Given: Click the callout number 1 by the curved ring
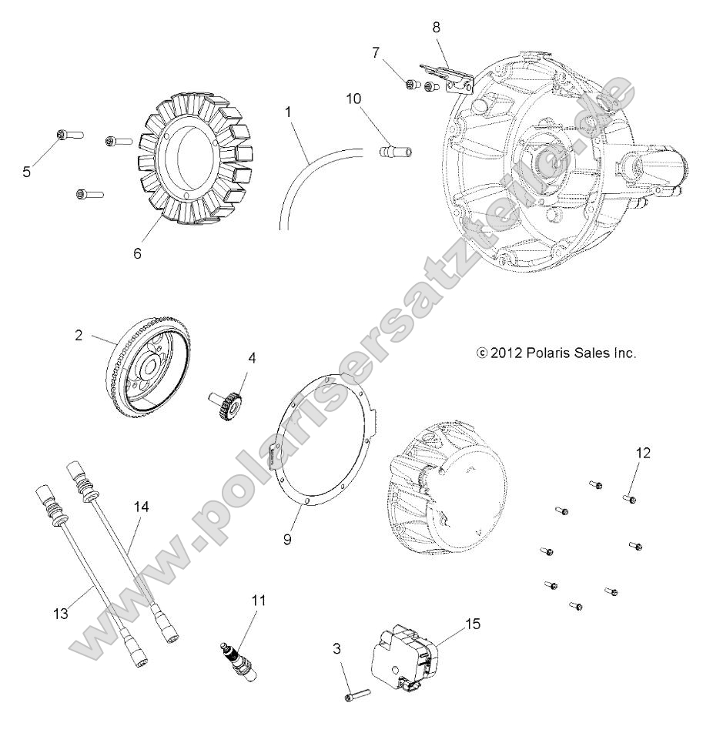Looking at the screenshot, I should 288,112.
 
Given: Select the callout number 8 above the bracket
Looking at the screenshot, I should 437,26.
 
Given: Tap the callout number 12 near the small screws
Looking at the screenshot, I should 643,453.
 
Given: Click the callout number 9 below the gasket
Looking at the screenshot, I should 287,540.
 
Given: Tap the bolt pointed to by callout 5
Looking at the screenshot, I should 62,136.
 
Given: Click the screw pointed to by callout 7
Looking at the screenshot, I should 411,85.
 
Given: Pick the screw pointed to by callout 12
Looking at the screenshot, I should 627,499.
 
